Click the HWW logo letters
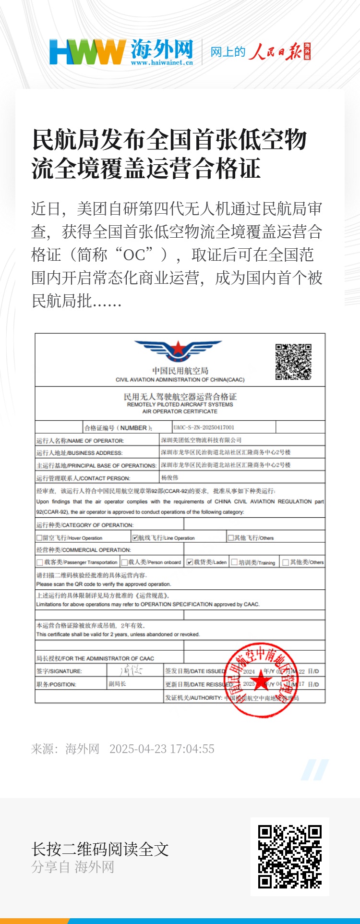pos(86,51)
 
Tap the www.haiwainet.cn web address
pos(162,62)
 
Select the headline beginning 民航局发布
pos(169,154)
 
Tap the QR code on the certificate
pos(293,362)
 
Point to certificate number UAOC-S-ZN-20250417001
pos(204,427)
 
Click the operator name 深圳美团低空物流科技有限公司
pos(201,440)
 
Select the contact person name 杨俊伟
pos(169,478)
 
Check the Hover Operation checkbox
pos(39,538)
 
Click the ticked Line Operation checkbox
pos(135,538)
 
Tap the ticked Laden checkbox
pos(190,562)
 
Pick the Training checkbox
pos(234,562)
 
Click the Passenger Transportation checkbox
pos(39,562)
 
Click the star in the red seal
pos(261,680)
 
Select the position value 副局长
pos(117,684)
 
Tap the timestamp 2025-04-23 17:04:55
pos(162,749)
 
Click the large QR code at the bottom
pos(289,857)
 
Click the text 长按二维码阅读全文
pos(100,850)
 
